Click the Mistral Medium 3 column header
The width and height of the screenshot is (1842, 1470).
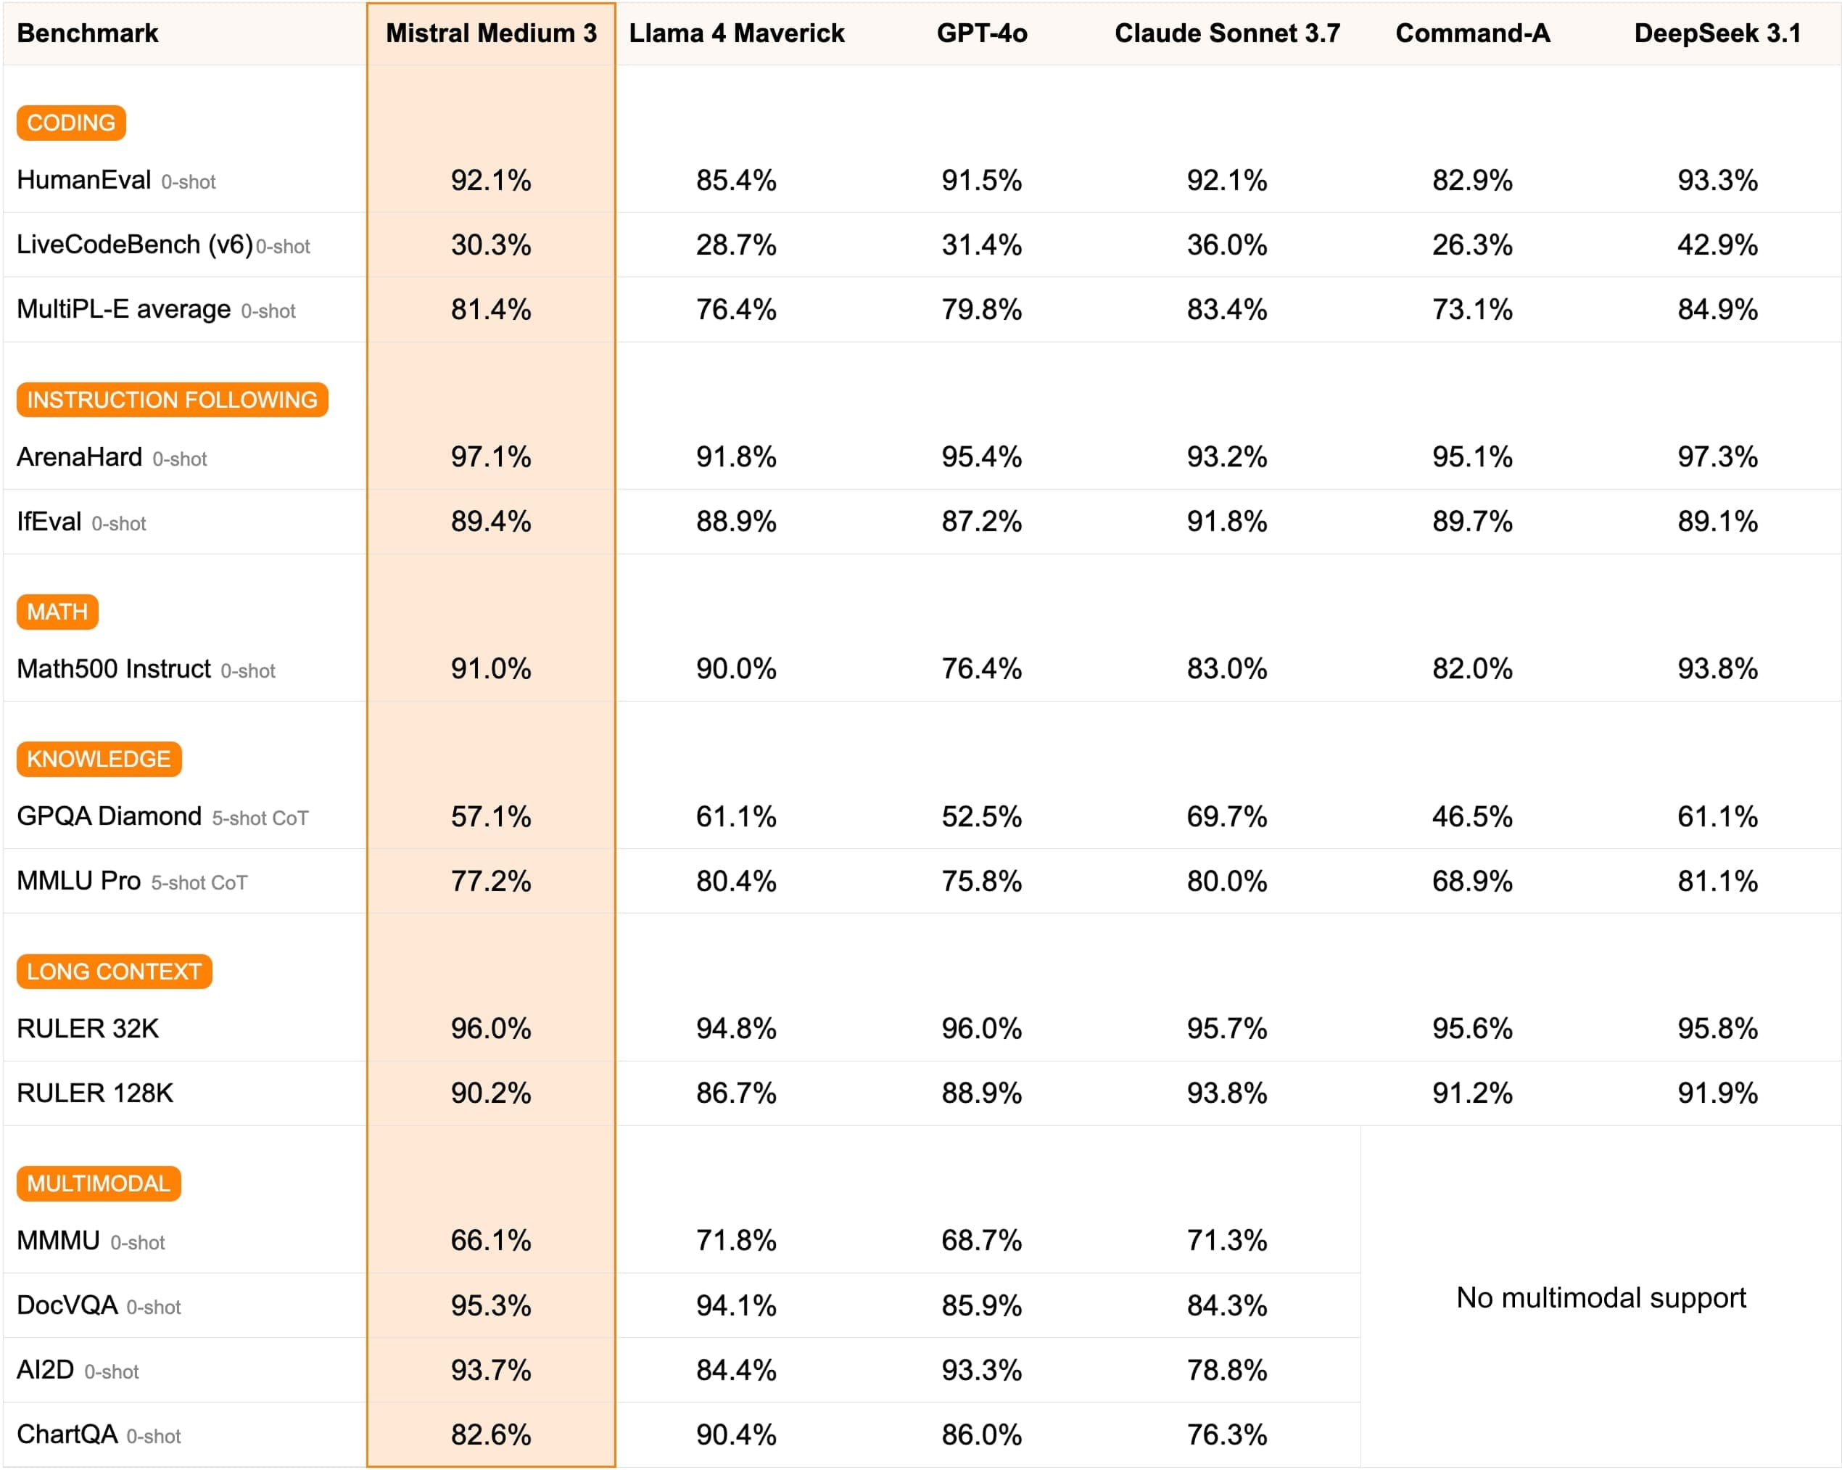pos(491,33)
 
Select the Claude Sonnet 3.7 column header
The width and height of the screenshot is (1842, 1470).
pos(1227,33)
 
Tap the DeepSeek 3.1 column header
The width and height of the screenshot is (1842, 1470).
pos(1717,33)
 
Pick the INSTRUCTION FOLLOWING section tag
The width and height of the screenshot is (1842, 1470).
pos(172,400)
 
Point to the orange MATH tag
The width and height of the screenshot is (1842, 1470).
pos(57,612)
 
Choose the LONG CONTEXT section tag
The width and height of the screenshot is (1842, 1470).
pos(114,972)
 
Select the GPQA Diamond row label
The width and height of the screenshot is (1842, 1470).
pos(110,816)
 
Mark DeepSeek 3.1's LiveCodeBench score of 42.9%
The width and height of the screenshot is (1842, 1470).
pos(1717,245)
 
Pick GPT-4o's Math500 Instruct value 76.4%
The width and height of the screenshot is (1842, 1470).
pos(982,668)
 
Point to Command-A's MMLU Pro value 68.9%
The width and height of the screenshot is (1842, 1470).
pos(1472,881)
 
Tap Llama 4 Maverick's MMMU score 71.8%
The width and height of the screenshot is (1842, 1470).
pos(735,1240)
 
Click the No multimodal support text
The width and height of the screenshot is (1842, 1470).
pos(1601,1297)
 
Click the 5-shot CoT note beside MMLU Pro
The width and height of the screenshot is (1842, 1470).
pos(199,883)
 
